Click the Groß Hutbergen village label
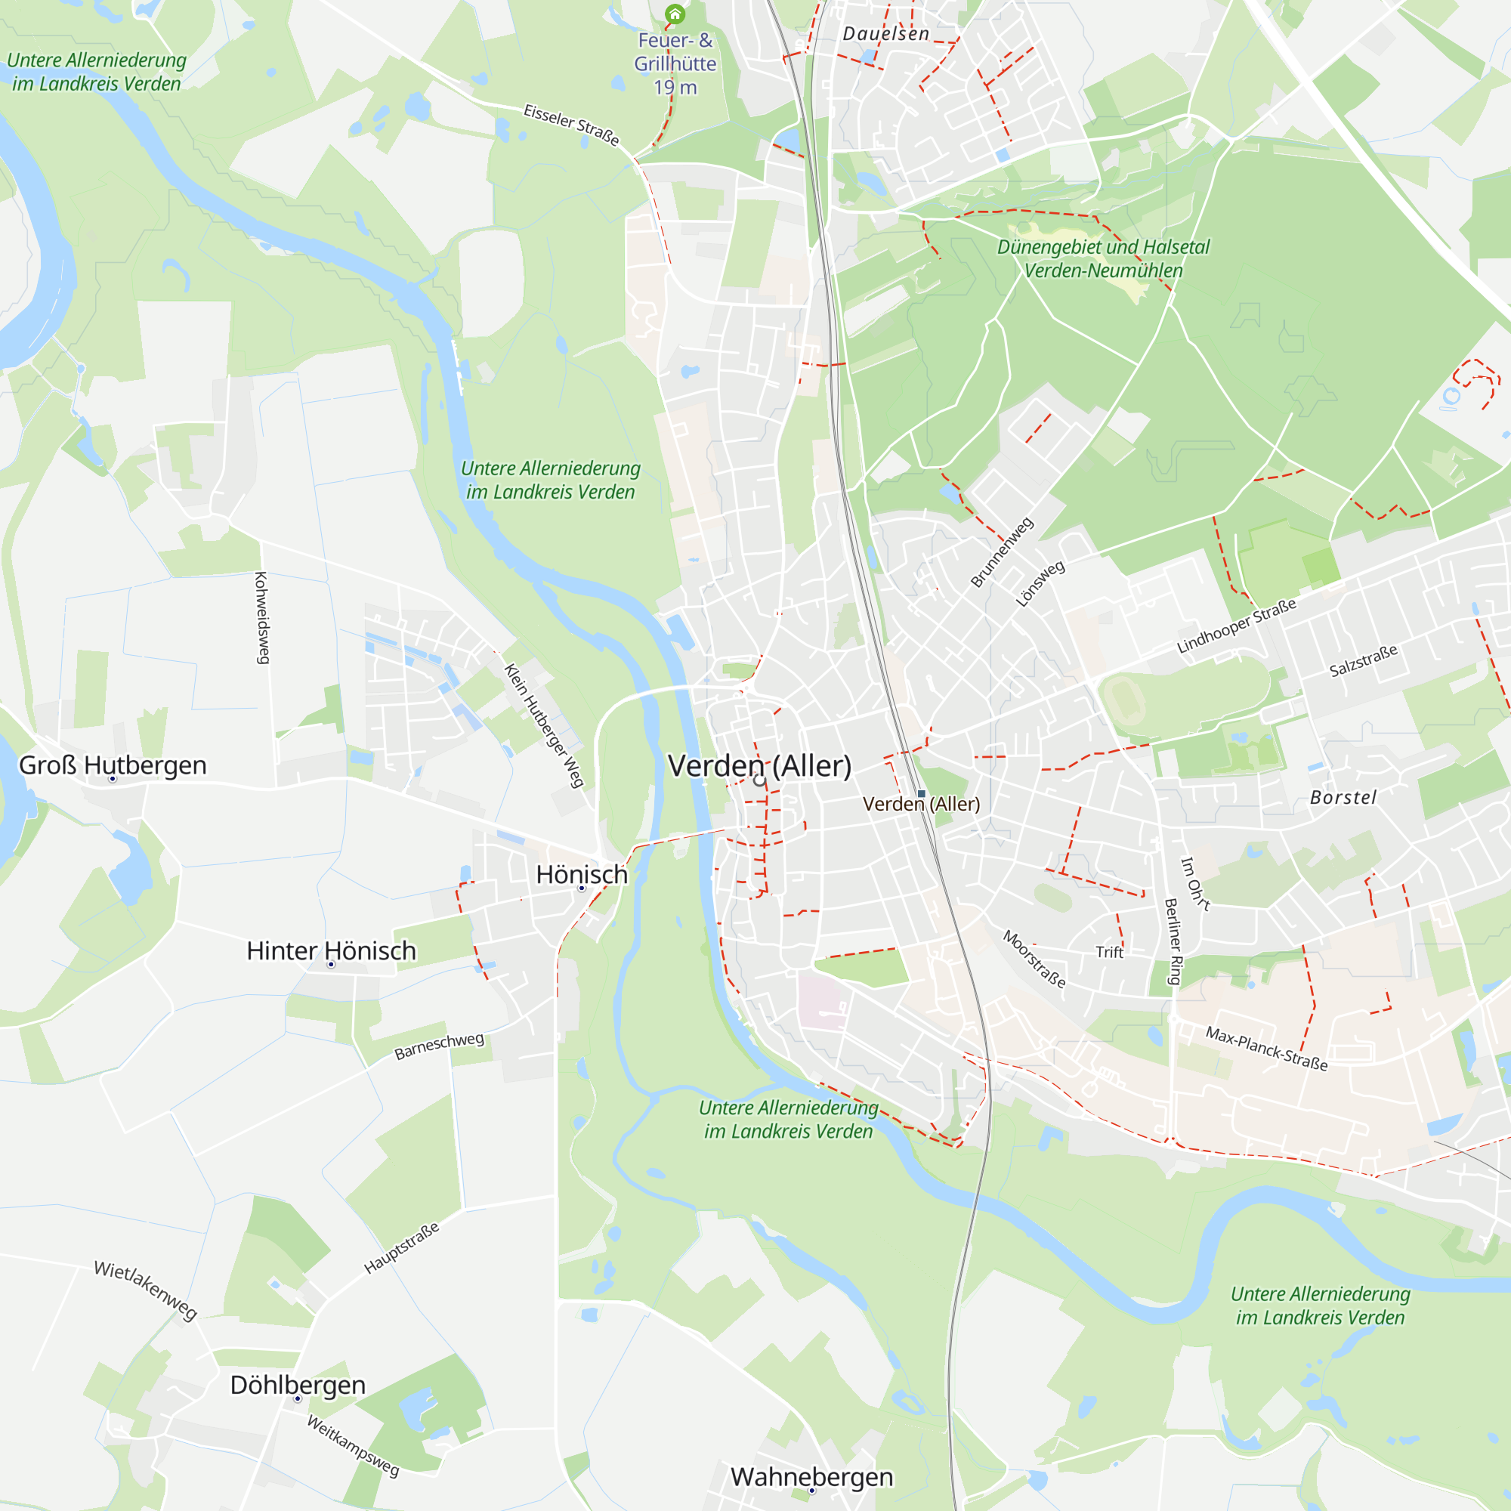113,765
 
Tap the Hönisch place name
582,874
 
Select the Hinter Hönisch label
331,951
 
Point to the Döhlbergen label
297,1385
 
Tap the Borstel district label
1343,798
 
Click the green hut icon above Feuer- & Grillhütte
674,14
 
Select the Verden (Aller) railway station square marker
921,794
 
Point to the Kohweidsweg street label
261,618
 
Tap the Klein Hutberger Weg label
543,725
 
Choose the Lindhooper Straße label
1237,626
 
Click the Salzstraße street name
1363,661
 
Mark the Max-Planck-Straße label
1266,1048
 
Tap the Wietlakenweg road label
146,1290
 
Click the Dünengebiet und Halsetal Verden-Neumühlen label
1103,259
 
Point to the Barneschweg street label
439,1046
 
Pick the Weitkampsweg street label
353,1445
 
